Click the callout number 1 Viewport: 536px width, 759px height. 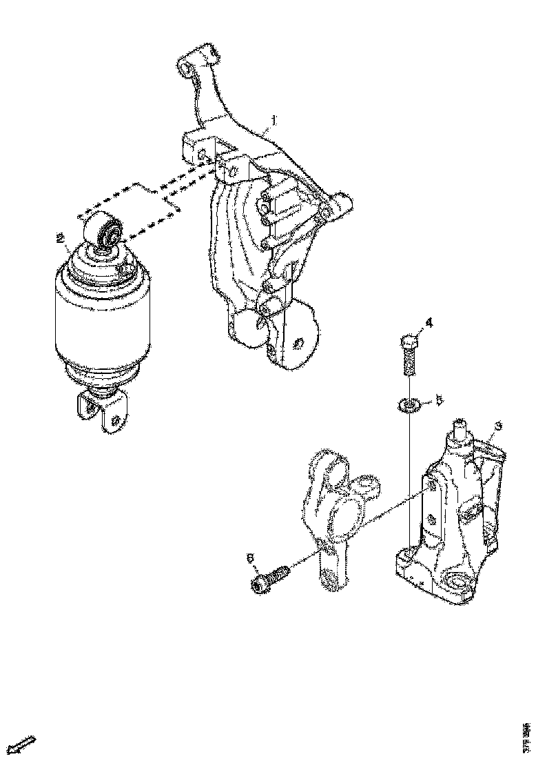[274, 121]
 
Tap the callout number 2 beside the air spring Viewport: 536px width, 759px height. [61, 238]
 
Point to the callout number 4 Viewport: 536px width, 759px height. [428, 322]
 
